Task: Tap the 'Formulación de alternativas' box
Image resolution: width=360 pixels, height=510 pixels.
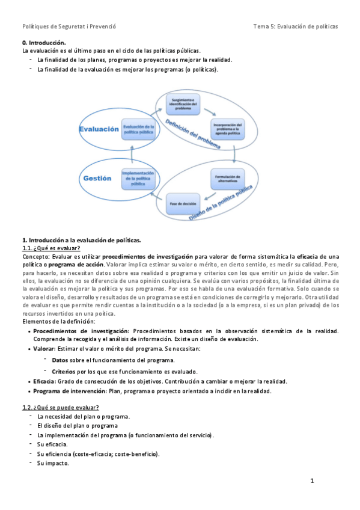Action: click(227, 179)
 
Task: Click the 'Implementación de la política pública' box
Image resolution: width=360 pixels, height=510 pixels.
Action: click(138, 178)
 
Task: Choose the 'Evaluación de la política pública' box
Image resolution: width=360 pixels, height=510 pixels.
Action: click(138, 129)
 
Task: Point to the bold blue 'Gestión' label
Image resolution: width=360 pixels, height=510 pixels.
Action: click(98, 178)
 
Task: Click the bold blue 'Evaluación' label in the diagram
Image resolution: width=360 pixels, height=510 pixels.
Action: click(99, 129)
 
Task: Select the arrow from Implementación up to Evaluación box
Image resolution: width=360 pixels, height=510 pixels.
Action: click(138, 153)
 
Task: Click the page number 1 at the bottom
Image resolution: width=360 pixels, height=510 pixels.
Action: click(312, 481)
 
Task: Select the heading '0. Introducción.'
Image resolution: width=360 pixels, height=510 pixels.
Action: click(43, 43)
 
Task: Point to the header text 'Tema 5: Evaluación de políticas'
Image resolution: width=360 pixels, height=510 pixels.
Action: click(295, 26)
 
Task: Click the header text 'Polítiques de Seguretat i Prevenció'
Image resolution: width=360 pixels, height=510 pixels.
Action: click(69, 26)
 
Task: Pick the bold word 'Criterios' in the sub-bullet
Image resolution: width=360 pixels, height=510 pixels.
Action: click(63, 372)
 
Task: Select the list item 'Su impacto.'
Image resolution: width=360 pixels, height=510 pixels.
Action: click(53, 463)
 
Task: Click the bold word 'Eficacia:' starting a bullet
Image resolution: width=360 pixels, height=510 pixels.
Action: click(46, 381)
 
